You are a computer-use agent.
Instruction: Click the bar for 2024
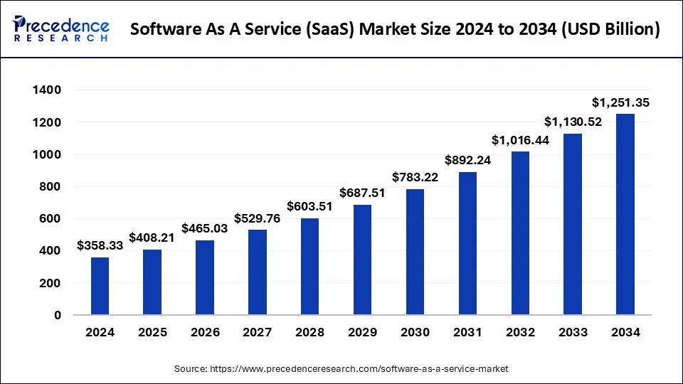click(x=100, y=286)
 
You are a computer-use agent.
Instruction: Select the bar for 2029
click(x=362, y=260)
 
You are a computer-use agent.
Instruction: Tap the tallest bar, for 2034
click(x=625, y=214)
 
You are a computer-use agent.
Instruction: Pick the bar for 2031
click(x=467, y=243)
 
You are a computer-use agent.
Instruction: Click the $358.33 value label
click(x=100, y=246)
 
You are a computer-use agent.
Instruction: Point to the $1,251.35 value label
click(x=620, y=103)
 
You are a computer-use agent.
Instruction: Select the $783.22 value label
click(x=415, y=177)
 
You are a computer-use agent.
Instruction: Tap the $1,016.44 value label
click(x=520, y=140)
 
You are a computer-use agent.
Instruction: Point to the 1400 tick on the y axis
click(x=46, y=90)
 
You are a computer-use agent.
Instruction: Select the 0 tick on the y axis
click(x=56, y=315)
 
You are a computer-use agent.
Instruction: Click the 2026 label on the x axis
click(x=205, y=332)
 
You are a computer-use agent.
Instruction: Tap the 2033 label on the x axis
click(x=573, y=332)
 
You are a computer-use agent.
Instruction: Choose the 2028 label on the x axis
click(x=310, y=332)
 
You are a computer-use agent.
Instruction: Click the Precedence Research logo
click(x=61, y=28)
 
